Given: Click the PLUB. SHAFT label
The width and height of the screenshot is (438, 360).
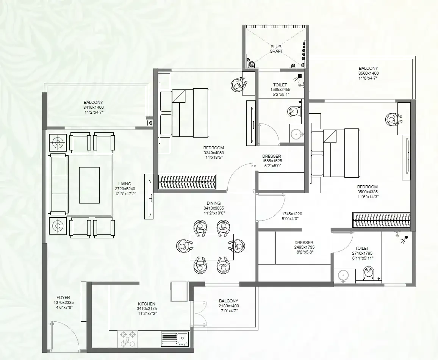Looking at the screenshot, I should pos(276,49).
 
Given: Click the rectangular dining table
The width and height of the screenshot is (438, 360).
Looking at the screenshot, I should pos(212,246).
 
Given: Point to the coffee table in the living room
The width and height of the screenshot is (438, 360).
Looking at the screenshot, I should pos(89,185).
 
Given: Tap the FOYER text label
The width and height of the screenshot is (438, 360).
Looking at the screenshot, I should pos(63,297).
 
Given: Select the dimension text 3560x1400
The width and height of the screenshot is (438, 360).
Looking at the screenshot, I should pos(368,73).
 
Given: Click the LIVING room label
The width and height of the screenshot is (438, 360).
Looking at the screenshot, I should pos(124,184).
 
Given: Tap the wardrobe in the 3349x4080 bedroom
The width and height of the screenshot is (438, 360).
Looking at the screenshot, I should pos(187,182).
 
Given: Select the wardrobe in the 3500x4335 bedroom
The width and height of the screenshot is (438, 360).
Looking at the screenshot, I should pos(382,220).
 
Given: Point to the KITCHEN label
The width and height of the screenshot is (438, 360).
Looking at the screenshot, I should pos(146,304).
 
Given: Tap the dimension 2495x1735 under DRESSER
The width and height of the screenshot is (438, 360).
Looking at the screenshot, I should pos(304,247).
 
